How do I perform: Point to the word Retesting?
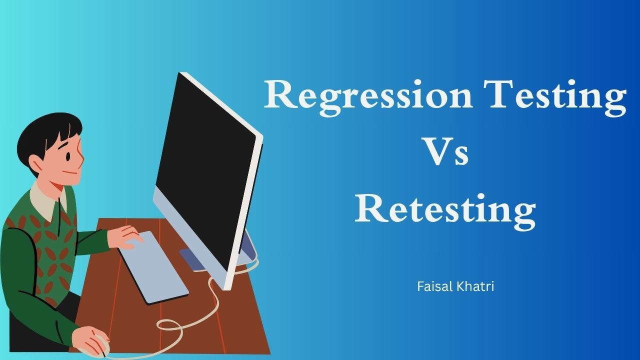click(x=445, y=211)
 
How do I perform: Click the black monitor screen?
click(x=205, y=168)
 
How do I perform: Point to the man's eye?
click(x=68, y=157)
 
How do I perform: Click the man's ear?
click(x=36, y=164)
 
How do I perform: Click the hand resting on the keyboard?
click(x=124, y=236)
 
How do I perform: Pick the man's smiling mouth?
click(x=70, y=172)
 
